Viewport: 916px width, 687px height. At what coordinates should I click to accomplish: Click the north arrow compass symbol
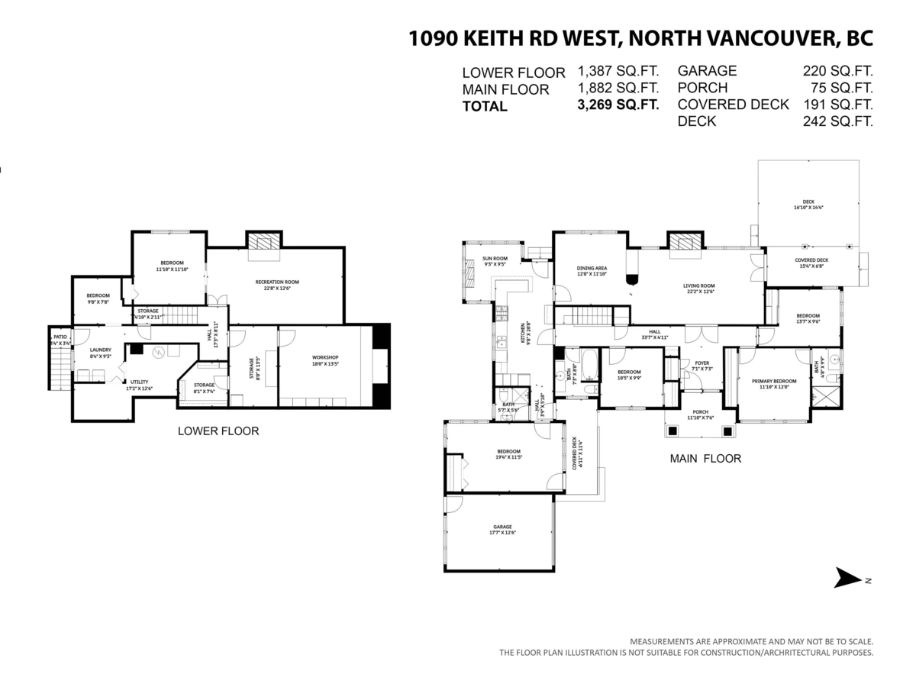pyautogui.click(x=848, y=578)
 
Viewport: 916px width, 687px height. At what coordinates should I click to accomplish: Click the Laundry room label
pyautogui.click(x=101, y=353)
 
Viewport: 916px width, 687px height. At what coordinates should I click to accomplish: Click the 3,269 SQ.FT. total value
pyautogui.click(x=618, y=105)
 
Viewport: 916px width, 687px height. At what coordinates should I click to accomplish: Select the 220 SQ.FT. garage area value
pyautogui.click(x=837, y=71)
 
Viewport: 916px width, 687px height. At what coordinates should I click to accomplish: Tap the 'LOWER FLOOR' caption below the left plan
pyautogui.click(x=218, y=431)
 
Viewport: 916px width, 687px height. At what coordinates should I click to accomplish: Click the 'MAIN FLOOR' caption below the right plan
pyautogui.click(x=705, y=459)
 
